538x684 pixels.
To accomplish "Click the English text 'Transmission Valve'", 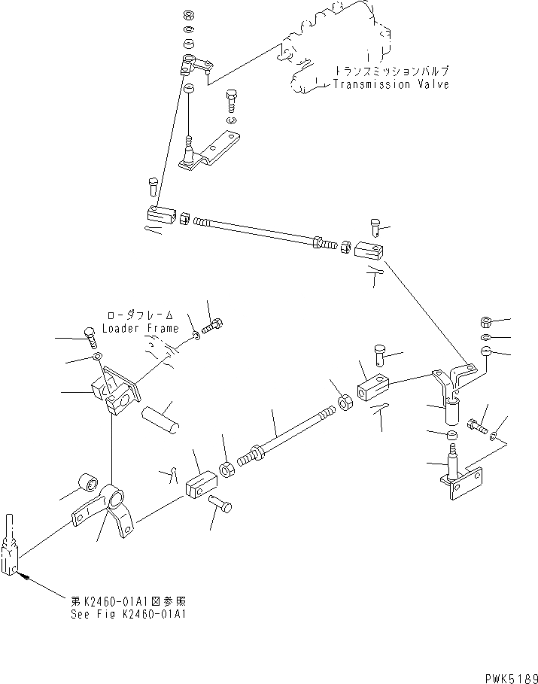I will coord(391,84).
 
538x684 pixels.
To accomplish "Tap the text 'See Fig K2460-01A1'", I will coord(126,613).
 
